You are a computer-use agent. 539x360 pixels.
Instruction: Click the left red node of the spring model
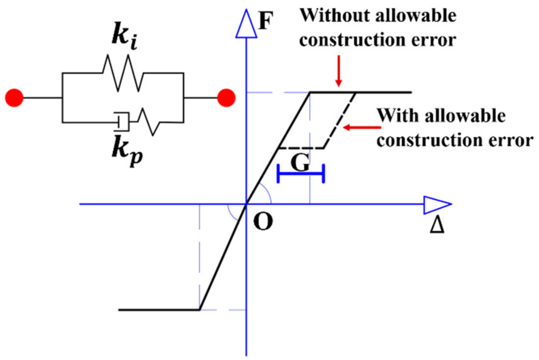coord(14,98)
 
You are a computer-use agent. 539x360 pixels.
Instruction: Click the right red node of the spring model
coord(226,98)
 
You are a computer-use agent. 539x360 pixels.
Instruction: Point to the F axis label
coord(265,21)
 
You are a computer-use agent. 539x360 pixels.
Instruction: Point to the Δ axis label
coord(437,225)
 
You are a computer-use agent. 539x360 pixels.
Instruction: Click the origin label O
coord(263,221)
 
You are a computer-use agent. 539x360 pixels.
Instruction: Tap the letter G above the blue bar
coord(300,163)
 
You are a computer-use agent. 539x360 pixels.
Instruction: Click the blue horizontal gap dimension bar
coord(301,173)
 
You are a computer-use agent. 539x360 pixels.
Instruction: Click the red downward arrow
coord(339,71)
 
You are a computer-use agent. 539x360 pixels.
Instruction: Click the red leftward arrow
coord(362,127)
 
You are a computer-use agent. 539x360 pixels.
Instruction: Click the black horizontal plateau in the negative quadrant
coord(159,310)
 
